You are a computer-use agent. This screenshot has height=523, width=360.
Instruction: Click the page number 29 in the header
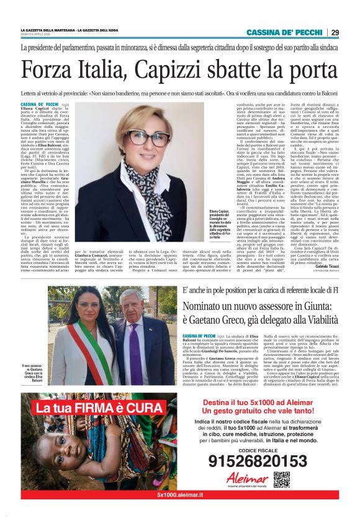[335, 32]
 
